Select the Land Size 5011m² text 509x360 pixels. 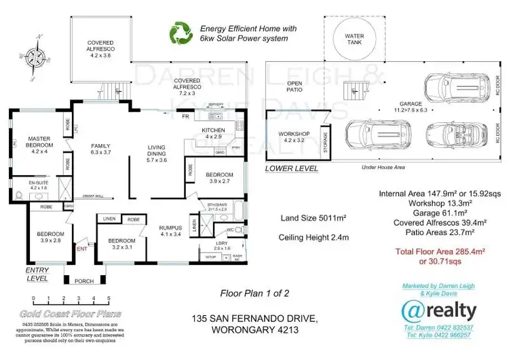(x=314, y=218)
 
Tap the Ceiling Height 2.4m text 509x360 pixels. (x=314, y=238)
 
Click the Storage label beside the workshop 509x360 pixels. (x=326, y=143)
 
